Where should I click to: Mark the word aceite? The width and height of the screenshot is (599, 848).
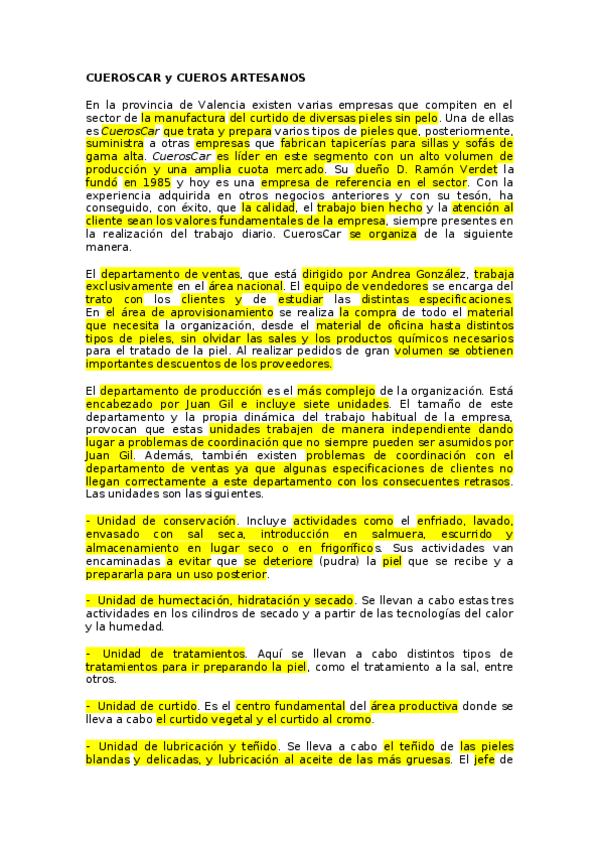pos(326,758)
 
